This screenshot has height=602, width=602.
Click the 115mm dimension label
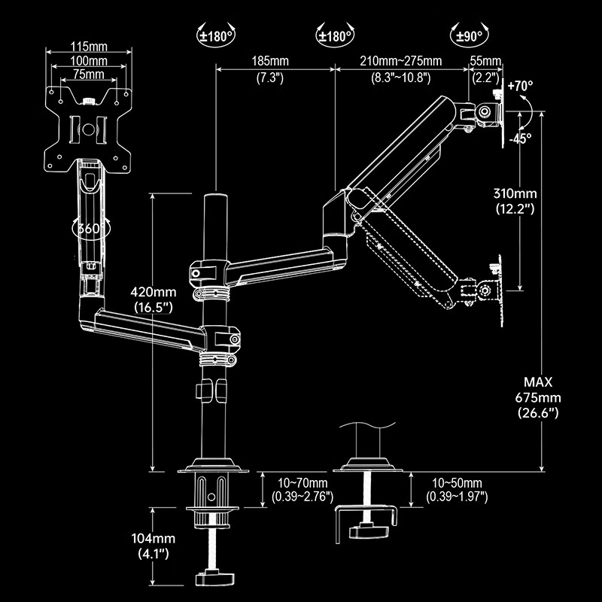[x=89, y=47]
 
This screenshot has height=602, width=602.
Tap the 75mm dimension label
[x=89, y=74]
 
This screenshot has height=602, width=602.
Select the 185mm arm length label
[x=270, y=61]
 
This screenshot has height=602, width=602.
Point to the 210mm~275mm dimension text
[x=400, y=61]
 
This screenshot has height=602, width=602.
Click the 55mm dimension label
[x=485, y=61]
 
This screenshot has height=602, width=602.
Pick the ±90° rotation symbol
[x=470, y=35]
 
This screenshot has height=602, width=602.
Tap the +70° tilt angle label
[x=520, y=86]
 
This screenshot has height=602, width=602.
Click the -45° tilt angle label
[x=520, y=138]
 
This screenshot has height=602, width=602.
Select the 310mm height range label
[x=515, y=193]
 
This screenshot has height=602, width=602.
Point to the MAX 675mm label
[x=538, y=397]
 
